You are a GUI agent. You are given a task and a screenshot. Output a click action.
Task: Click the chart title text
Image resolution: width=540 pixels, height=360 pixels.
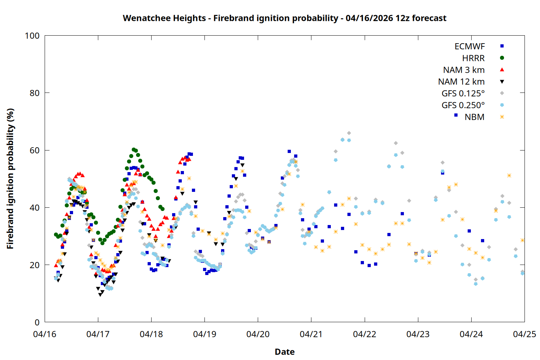coord(284,18)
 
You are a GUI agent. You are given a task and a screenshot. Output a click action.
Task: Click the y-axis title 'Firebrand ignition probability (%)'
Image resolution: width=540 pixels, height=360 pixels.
coord(10,179)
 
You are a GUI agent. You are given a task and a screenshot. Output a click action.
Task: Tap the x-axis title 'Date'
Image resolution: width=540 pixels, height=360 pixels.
coord(284,352)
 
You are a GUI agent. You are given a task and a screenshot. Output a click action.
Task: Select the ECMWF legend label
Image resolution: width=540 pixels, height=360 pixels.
coord(469,46)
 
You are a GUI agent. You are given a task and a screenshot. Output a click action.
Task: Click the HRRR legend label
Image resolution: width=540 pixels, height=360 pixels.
coord(473,58)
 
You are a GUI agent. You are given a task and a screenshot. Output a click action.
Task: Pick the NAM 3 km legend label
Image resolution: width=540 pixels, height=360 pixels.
coord(464,70)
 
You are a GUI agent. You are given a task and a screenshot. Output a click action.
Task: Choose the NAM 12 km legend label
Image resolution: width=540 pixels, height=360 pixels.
coord(461,82)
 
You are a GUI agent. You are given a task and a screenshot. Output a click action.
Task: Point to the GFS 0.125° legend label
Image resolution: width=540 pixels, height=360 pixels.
coord(463,94)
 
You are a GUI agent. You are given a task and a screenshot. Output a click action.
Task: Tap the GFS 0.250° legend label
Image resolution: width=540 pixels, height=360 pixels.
coord(463,105)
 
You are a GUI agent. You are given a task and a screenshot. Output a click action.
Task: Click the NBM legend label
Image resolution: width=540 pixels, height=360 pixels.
coord(474,117)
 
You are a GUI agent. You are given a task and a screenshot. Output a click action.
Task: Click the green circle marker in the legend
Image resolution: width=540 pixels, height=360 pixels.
coord(502,58)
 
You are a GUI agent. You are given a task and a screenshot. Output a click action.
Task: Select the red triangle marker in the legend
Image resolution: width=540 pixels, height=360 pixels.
coord(502,70)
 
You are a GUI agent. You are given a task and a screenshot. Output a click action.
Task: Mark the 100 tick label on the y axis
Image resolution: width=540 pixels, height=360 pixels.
coord(32,36)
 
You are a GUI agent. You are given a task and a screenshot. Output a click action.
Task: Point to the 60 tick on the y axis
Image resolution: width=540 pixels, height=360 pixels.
coord(35,150)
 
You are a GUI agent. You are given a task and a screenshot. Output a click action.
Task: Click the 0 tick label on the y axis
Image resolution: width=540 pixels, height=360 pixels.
coord(37,323)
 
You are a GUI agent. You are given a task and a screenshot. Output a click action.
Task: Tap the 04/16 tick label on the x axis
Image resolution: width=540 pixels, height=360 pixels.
coord(45,334)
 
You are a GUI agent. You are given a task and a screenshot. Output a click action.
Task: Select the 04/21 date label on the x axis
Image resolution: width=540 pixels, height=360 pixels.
coord(311,334)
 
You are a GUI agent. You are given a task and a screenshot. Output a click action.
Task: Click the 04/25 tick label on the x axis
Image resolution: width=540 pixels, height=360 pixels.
coord(524,334)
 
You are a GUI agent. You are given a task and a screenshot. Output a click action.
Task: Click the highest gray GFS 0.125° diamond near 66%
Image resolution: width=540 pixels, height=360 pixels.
coord(349,133)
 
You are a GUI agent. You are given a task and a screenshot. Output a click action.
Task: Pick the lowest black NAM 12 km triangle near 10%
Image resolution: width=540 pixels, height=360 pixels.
coord(100,294)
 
